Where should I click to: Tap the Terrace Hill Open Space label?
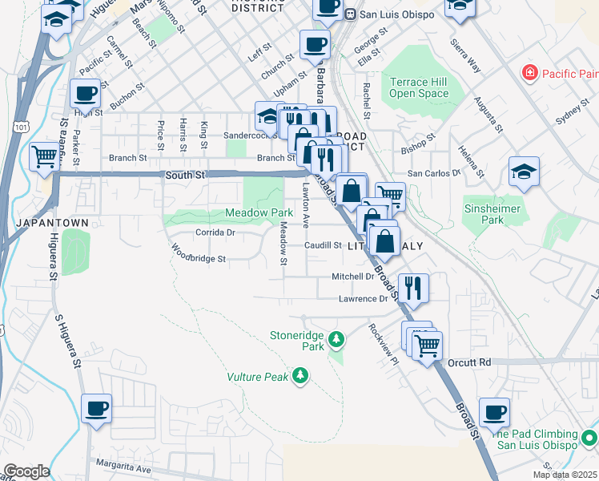point(419,87)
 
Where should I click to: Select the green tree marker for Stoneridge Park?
point(337,339)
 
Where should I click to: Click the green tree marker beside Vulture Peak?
point(300,374)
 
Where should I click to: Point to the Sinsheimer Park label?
point(492,214)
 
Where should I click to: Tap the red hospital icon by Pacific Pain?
point(529,74)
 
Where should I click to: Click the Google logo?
point(26,471)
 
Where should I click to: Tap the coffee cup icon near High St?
point(85,94)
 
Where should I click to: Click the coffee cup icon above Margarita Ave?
point(97,409)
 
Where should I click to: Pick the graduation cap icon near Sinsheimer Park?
point(524,172)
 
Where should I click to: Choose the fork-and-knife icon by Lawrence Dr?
point(412,288)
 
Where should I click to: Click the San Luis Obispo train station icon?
point(350,15)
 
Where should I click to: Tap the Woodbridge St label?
point(199,259)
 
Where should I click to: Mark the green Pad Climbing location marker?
point(589,438)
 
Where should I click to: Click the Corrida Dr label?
point(215,232)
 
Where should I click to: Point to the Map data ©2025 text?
point(565,475)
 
